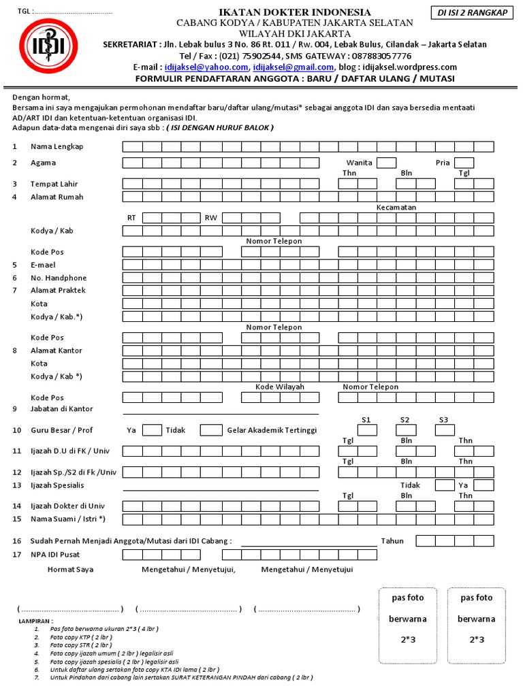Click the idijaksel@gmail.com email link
pos(294,67)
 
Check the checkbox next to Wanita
pos(387,163)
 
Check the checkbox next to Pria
pos(464,163)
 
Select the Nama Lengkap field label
pos(57,147)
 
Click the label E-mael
pos(43,265)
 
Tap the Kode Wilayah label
pos(280,387)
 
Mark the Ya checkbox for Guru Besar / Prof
pos(152,430)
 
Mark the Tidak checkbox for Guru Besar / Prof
pos(211,430)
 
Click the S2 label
pos(405,420)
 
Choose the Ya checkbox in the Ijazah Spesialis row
pos(484,485)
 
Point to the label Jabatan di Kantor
pos(62,409)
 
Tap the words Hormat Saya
pos(70,569)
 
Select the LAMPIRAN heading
pos(34,622)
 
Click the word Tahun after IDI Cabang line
pos(392,541)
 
